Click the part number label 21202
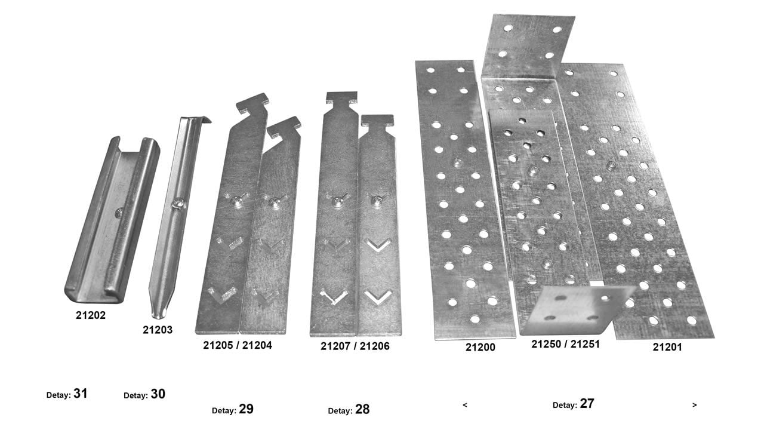[91, 315]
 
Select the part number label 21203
[158, 329]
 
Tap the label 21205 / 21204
[238, 345]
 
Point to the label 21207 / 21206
[355, 346]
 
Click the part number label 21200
[480, 347]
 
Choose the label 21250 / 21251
[566, 344]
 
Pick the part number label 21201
[667, 347]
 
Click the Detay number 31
[81, 394]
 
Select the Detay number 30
[158, 395]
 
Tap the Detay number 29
[246, 410]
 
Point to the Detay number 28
[362, 410]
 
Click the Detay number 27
[587, 404]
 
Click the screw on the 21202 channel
[119, 212]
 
